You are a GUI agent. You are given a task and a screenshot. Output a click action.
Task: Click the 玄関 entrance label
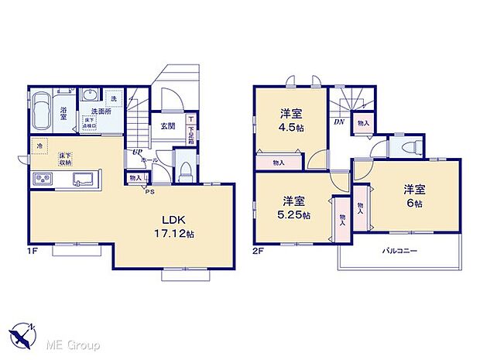168,125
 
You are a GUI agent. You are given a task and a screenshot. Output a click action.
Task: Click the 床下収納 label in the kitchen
65,159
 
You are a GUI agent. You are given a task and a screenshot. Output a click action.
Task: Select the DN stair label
339,122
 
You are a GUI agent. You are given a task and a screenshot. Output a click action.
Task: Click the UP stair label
137,153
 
